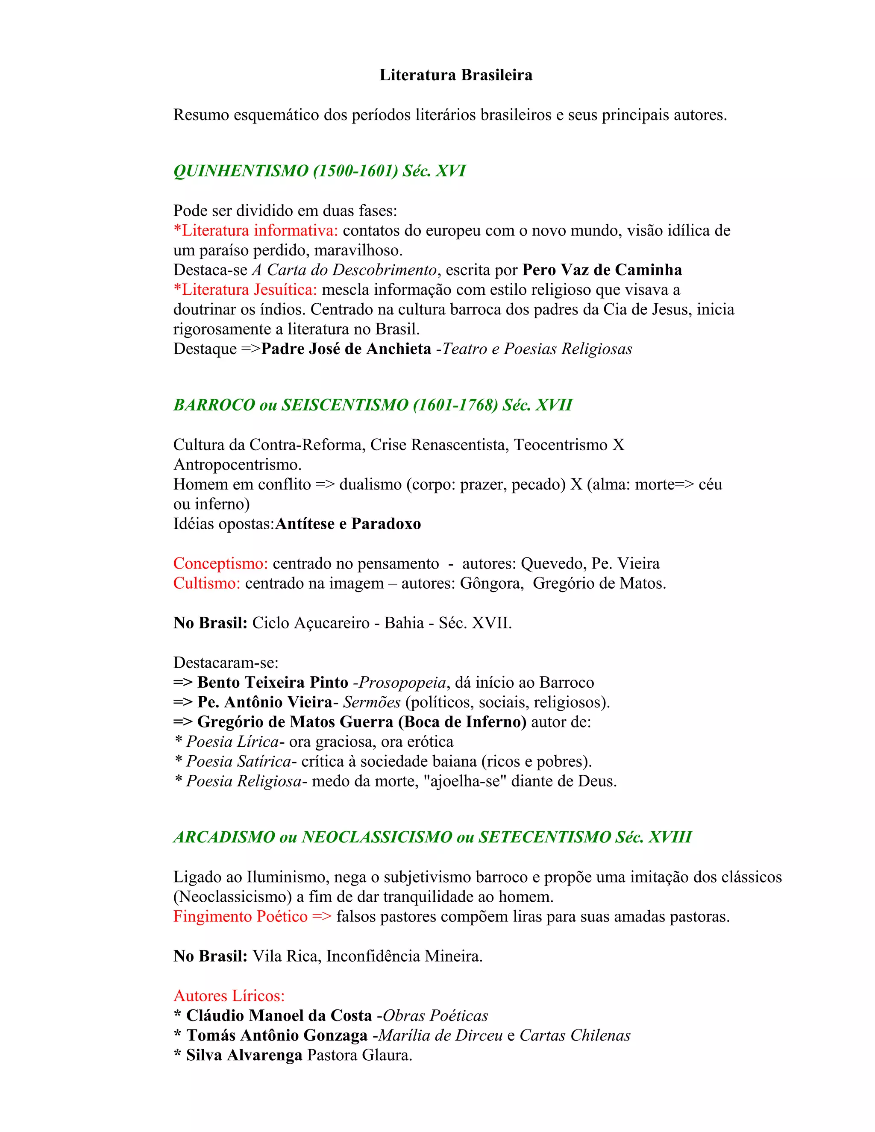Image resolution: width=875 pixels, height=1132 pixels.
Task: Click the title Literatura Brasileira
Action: [455, 75]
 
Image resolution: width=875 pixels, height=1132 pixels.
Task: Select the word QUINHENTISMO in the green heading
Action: [241, 171]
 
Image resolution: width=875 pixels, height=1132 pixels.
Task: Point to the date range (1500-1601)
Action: [355, 171]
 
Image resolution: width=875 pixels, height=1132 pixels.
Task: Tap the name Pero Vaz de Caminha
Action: [602, 270]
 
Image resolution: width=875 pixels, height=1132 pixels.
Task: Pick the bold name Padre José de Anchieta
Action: [346, 349]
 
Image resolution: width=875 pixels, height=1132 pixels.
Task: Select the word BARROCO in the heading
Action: [214, 405]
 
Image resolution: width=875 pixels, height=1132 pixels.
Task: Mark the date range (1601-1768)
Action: [455, 405]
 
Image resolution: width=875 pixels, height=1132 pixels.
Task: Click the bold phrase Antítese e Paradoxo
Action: [348, 524]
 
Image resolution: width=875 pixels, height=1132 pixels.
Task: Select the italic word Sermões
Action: [372, 702]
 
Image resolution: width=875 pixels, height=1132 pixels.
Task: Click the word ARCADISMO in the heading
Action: [224, 837]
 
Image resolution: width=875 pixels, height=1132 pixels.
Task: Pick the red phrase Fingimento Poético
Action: [241, 917]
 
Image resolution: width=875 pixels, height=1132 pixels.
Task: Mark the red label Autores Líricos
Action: [229, 996]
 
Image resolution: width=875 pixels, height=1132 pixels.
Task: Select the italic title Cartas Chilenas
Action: [575, 1035]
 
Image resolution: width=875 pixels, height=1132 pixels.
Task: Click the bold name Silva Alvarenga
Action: [244, 1055]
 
